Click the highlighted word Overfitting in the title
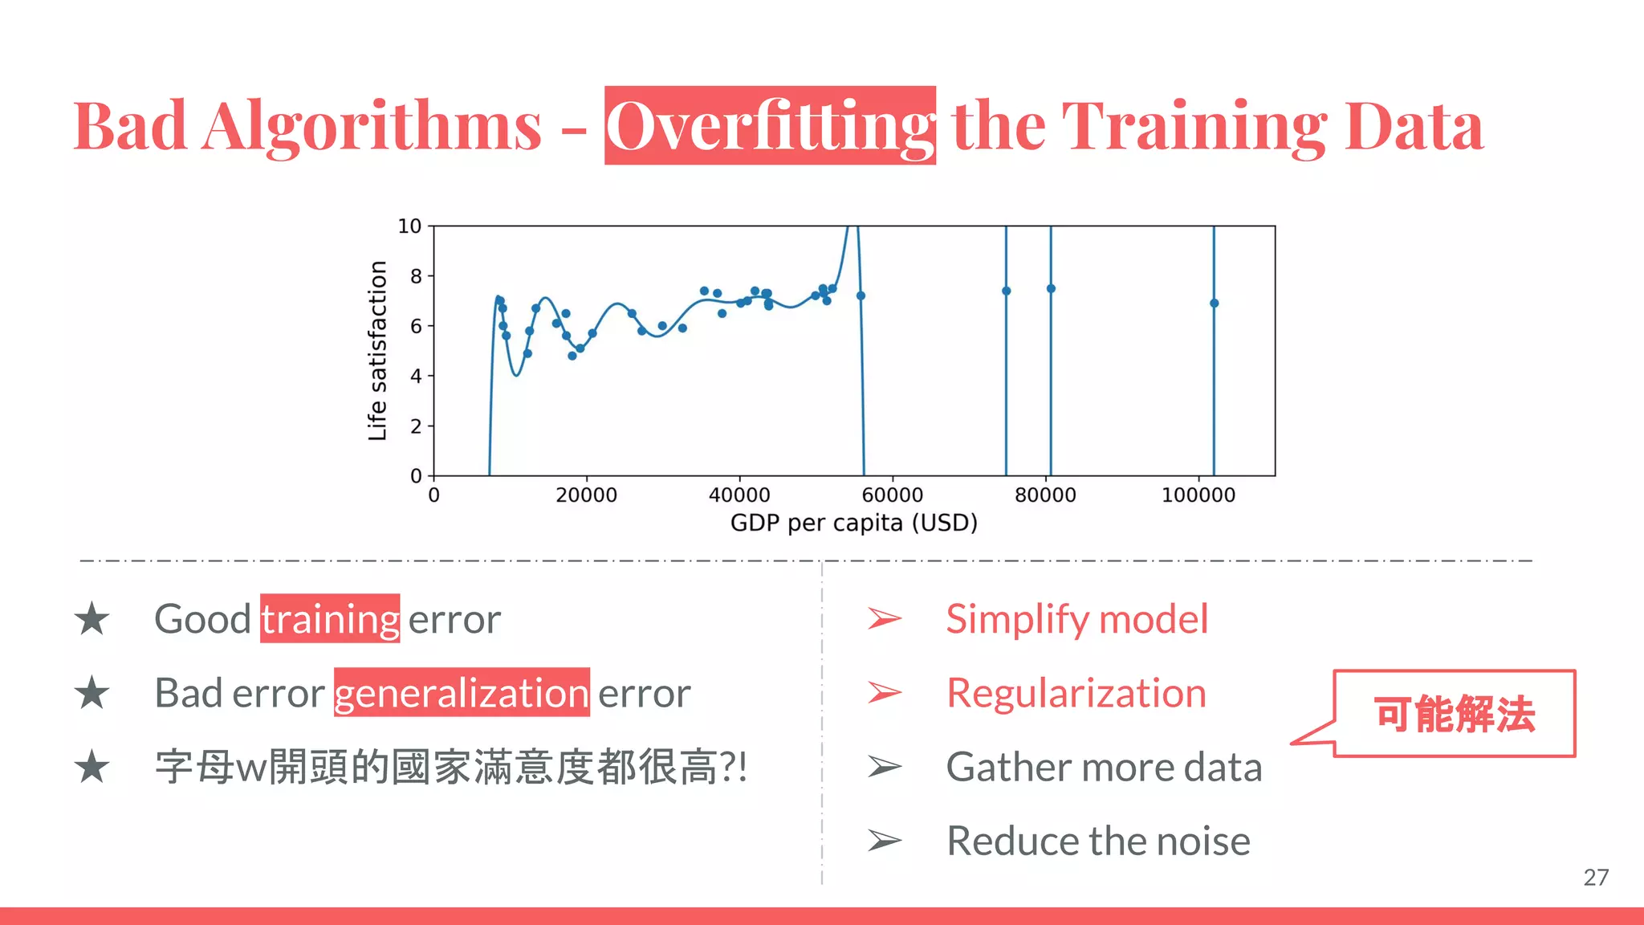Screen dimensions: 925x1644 [x=769, y=126]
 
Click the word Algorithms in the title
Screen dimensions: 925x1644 [x=372, y=127]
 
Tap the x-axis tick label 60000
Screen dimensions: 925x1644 [x=892, y=495]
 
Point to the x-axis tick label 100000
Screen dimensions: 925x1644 [x=1198, y=495]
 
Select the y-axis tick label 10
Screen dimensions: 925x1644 [x=409, y=226]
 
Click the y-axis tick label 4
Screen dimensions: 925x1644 [x=416, y=376]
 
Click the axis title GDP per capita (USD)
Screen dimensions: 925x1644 [x=853, y=524]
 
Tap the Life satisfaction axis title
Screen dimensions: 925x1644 [x=377, y=351]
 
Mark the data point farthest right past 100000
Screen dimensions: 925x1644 [x=1214, y=304]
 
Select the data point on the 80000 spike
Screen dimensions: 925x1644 [x=1051, y=289]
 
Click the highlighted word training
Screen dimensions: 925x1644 [x=330, y=619]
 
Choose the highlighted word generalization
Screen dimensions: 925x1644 [x=462, y=693]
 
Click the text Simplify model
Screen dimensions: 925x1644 [x=1076, y=619]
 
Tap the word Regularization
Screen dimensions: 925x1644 [x=1076, y=693]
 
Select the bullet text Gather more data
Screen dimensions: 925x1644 [x=1104, y=767]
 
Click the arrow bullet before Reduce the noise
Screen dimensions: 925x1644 [x=885, y=841]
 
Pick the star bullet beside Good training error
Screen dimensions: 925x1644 [x=92, y=619]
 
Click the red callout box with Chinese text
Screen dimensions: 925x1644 [x=1454, y=714]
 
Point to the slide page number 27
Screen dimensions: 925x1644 [x=1596, y=878]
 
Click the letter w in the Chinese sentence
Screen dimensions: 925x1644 [x=251, y=768]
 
